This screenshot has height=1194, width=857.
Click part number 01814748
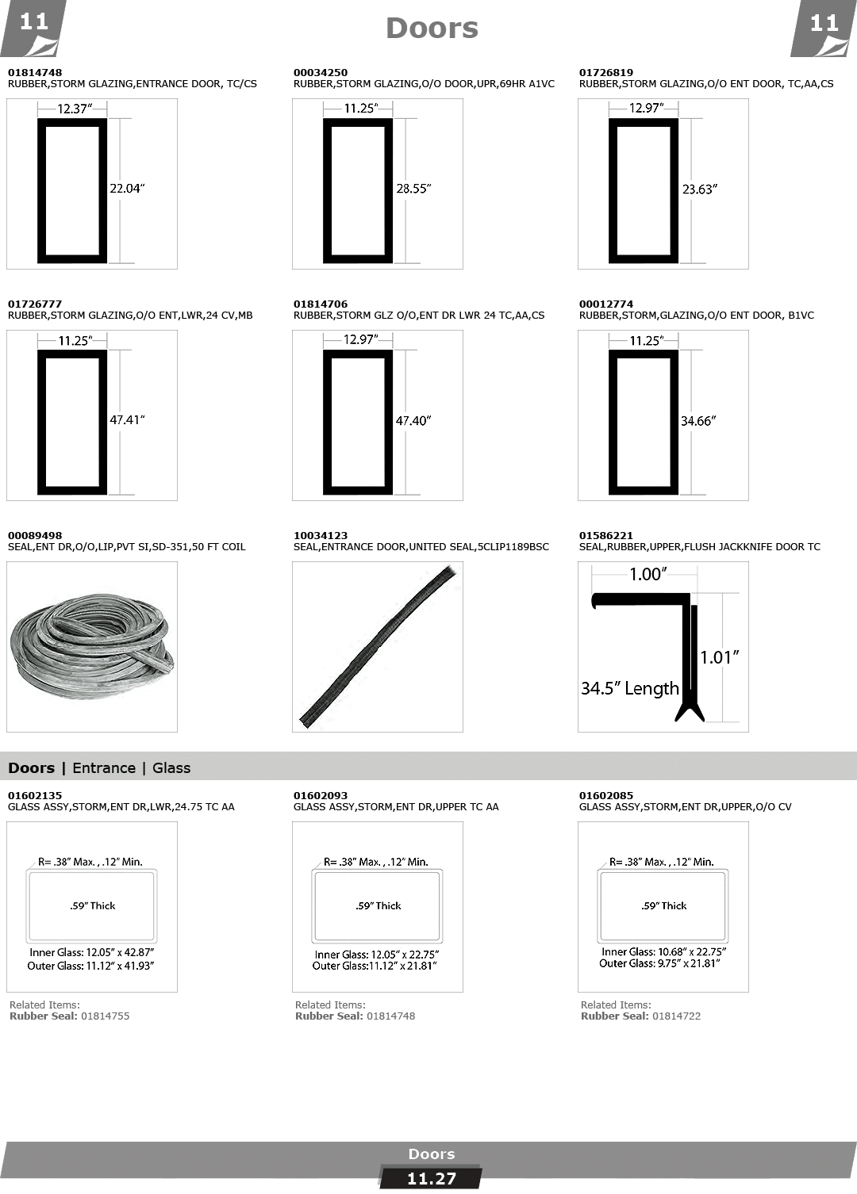pos(29,72)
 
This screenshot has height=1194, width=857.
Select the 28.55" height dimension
pos(413,189)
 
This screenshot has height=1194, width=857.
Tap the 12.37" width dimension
pos(75,109)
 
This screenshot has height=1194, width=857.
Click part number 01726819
pos(605,72)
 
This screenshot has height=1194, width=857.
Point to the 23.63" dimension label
pos(699,189)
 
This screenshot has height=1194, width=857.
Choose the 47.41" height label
pos(127,420)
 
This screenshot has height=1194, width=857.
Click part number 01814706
pos(320,304)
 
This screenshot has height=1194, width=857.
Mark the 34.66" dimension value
pos(698,421)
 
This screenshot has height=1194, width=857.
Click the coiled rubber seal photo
pos(91,646)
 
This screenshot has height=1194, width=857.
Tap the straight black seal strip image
pos(378,646)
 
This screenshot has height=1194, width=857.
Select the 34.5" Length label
pos(629,688)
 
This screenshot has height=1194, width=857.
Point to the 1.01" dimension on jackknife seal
pos(719,657)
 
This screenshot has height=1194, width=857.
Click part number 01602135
pos(34,795)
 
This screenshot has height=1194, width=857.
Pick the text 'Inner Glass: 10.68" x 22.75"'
pos(663,951)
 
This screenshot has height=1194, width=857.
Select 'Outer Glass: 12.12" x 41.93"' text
pos(90,966)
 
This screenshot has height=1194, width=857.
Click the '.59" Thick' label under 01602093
pos(378,905)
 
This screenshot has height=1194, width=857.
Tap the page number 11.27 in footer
pos(431,1179)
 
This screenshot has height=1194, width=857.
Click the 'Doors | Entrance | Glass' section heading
pos(99,767)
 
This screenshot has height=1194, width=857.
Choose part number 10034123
pos(320,535)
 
